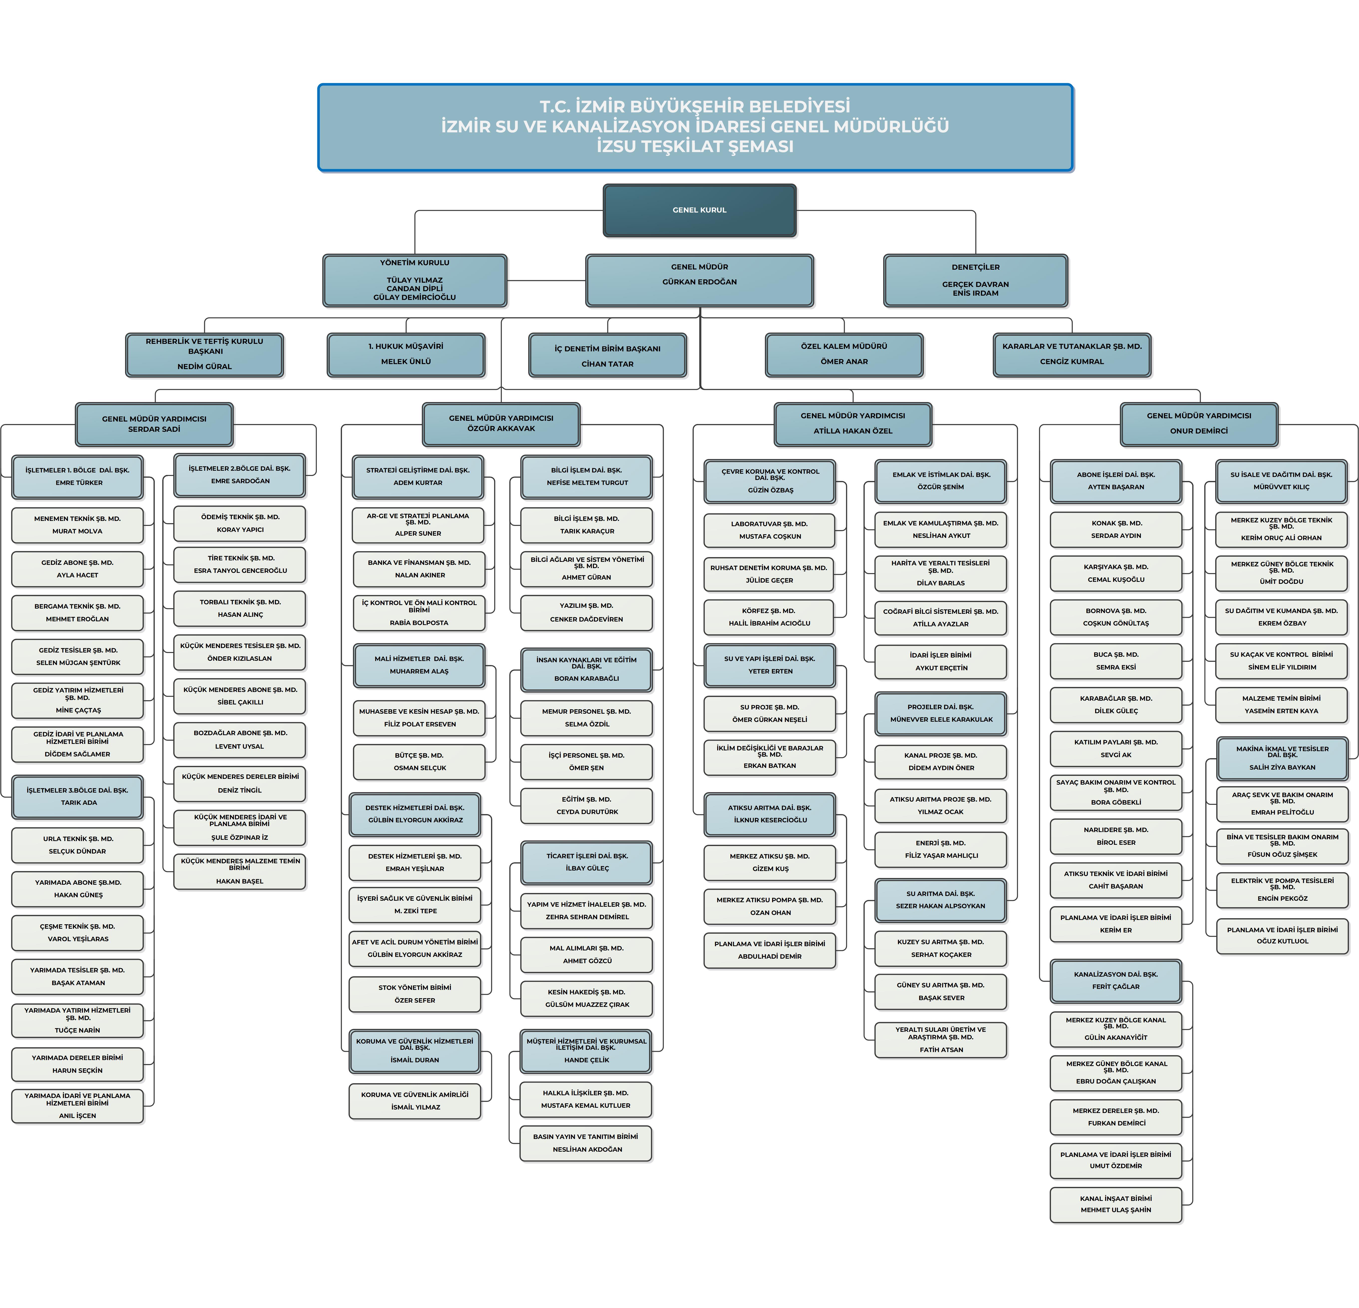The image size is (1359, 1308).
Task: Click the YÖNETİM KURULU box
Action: (415, 280)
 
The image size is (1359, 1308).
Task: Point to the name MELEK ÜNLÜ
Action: (406, 361)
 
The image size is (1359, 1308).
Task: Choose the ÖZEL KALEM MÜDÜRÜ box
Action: (844, 354)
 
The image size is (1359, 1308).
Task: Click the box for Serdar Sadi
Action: (154, 424)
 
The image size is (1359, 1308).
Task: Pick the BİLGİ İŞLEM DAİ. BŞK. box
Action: (587, 476)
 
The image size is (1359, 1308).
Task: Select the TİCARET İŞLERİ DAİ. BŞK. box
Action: (587, 862)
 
